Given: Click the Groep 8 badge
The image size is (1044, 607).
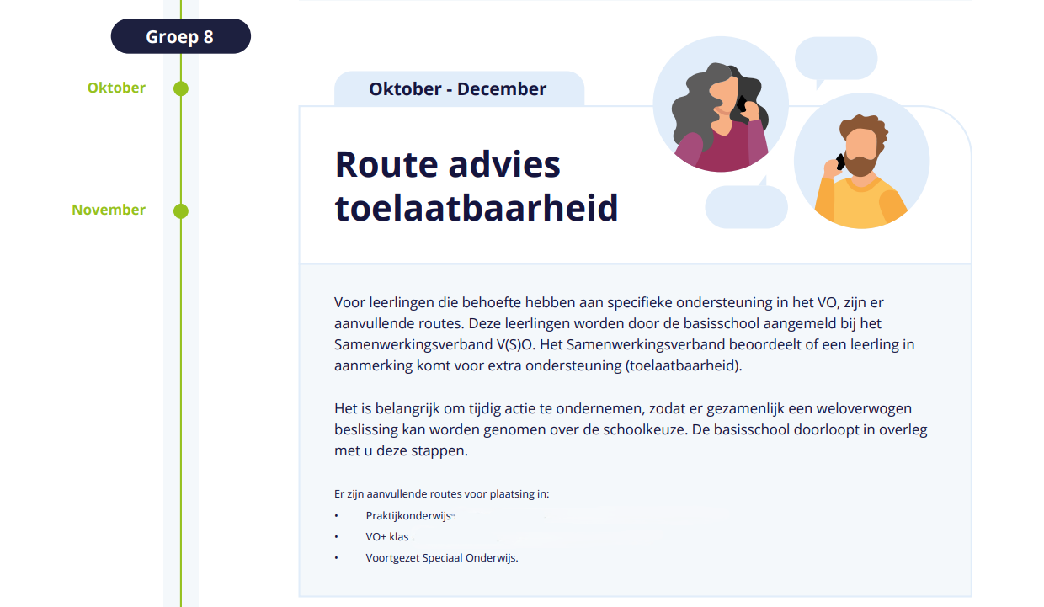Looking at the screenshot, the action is coord(181,36).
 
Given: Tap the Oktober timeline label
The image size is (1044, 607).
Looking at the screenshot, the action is coord(116,88).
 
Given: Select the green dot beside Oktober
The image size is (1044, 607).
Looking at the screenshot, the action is coord(181,88).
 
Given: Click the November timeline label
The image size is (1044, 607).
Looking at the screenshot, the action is coord(109,210).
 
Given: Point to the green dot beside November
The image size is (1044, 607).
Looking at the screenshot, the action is coord(181,211).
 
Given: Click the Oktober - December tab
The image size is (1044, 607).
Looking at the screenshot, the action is coord(459,88).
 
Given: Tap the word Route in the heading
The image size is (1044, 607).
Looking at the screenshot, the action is coord(386,164).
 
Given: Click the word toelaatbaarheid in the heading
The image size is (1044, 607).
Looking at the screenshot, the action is coord(477,208).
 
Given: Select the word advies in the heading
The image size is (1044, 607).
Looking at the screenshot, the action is coord(504,164).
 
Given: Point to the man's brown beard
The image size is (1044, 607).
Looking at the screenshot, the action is coord(861,163).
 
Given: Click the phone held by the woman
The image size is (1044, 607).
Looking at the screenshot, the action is coord(742,104).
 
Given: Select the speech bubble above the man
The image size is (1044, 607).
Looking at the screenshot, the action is coord(836,59).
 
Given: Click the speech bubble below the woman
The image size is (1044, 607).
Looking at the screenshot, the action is coord(747,205).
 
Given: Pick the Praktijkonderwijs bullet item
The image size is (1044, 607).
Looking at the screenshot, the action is coord(408,515).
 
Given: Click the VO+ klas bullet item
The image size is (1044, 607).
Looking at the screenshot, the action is coord(386,536).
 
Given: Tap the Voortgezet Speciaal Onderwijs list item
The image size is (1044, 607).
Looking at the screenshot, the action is coord(442,558).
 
